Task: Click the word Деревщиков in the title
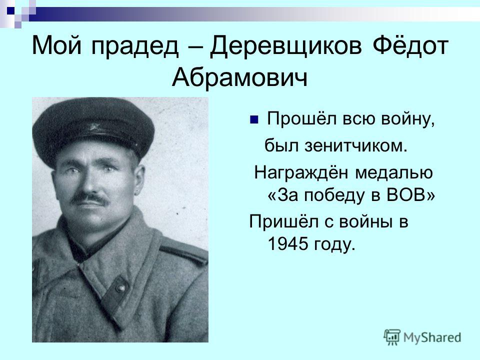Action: point(285,46)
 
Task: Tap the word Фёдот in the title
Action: point(410,45)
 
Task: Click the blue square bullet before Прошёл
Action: point(254,119)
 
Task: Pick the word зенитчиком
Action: point(355,145)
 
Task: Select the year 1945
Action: point(287,243)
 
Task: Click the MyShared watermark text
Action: point(432,337)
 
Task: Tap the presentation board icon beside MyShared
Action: point(392,337)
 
